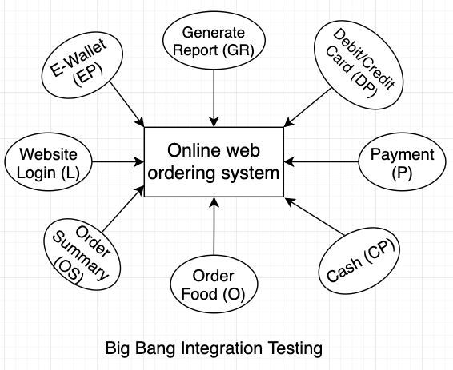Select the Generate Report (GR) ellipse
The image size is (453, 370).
click(x=214, y=40)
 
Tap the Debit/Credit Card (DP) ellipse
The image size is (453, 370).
click(x=359, y=65)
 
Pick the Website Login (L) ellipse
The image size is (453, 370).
click(x=48, y=161)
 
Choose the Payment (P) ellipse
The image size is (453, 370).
click(x=402, y=161)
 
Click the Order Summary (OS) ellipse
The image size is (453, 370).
click(x=82, y=254)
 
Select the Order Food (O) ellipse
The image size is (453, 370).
click(x=214, y=284)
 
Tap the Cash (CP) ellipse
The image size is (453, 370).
click(x=359, y=261)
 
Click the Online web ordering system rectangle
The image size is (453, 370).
click(x=214, y=161)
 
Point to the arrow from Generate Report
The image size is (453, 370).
click(x=214, y=98)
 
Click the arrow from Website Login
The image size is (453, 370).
click(x=118, y=161)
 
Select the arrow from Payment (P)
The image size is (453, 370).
click(x=321, y=161)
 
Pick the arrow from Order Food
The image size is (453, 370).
click(x=214, y=226)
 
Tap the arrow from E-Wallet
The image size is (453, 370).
click(x=126, y=104)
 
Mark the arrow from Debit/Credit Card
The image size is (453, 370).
click(x=307, y=108)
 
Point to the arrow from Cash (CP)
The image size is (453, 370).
click(x=315, y=216)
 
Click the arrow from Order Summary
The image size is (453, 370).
click(x=123, y=209)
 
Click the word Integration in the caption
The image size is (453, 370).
click(x=222, y=348)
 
